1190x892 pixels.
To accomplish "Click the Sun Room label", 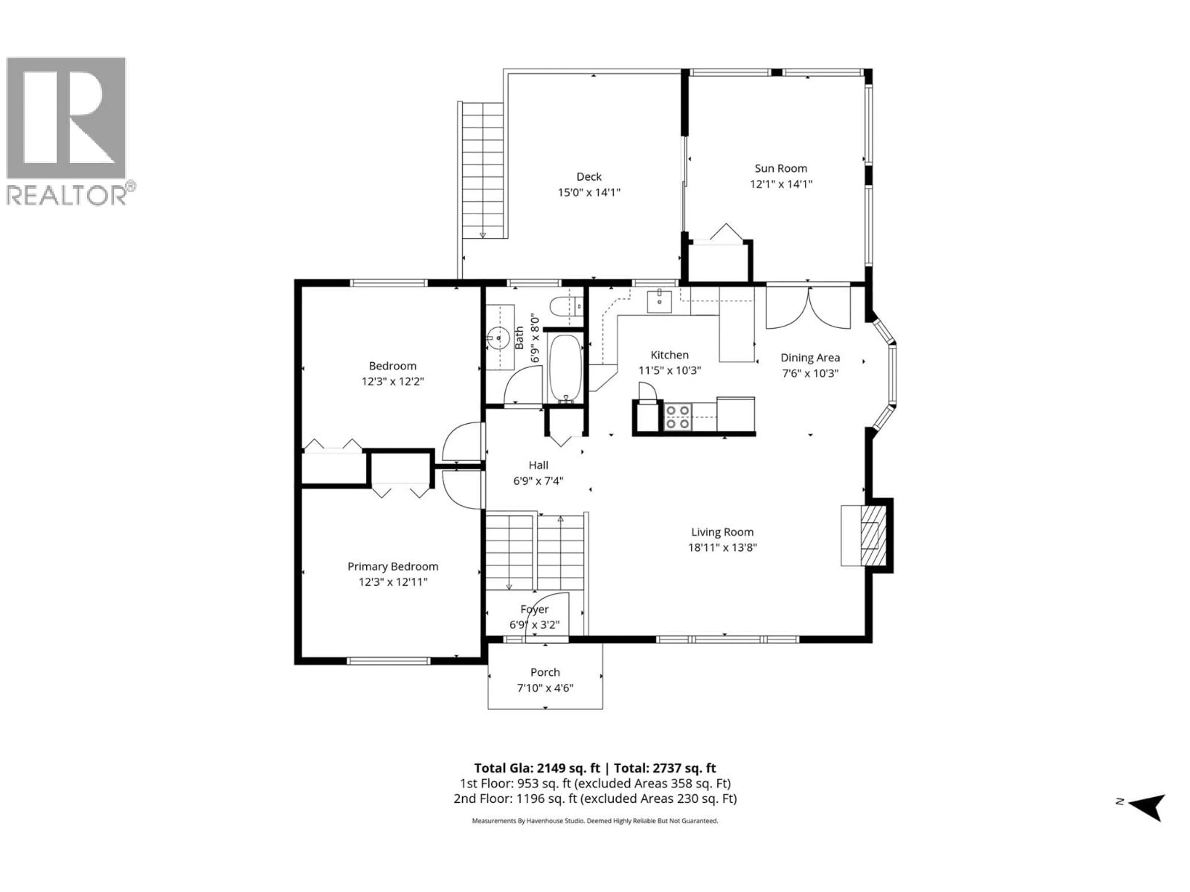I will pos(781,168).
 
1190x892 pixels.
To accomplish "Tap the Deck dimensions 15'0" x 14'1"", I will pos(589,192).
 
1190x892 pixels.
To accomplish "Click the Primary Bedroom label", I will pos(393,566).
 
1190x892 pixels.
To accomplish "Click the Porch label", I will pos(545,672).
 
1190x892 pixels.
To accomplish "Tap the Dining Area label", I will pos(810,357).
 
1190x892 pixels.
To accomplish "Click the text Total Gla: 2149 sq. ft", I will pos(536,768).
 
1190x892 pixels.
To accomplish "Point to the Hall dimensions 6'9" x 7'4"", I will pos(538,481).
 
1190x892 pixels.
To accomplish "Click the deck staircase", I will pos(483,169).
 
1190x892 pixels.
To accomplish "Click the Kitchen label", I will pos(669,355).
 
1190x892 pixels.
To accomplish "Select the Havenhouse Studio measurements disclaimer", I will pos(594,821).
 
